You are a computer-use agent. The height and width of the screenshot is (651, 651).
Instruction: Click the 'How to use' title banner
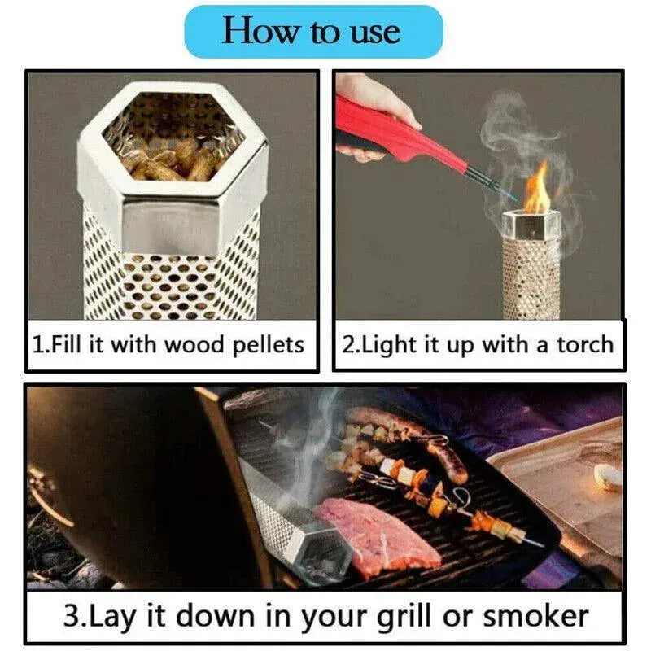[x=312, y=32]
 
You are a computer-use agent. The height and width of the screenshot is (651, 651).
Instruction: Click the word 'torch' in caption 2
[x=584, y=344]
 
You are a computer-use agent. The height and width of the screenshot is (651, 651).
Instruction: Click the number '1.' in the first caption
[x=41, y=344]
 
